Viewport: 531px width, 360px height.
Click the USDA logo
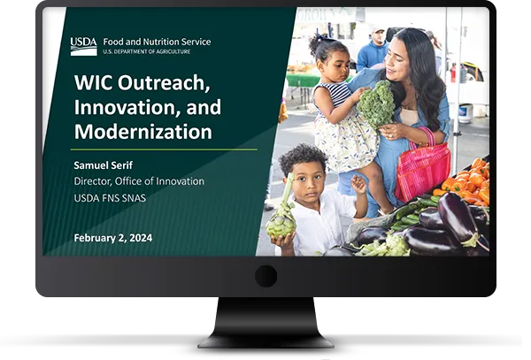click(83, 46)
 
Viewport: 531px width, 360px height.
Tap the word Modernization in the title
click(142, 133)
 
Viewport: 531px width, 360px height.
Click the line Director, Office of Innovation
click(139, 181)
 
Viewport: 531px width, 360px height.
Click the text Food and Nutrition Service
click(157, 42)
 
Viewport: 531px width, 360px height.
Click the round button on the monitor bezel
click(265, 276)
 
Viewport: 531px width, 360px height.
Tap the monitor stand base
click(265, 339)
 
